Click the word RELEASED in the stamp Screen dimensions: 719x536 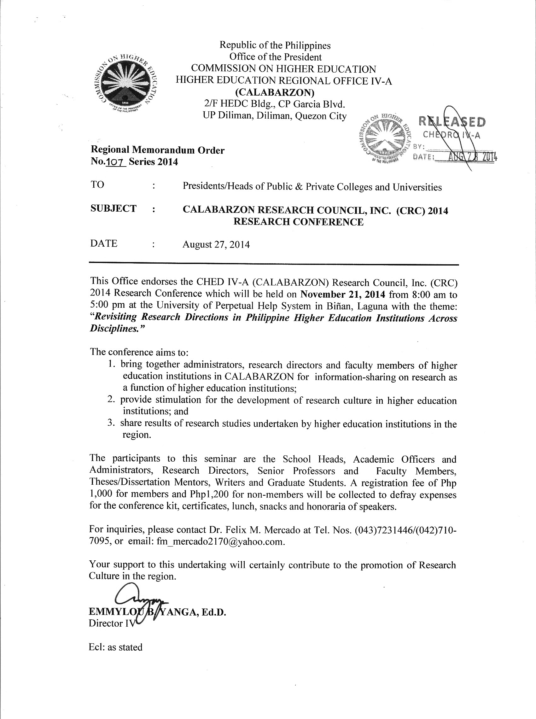pos(452,122)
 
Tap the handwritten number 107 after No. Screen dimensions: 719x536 pos(116,162)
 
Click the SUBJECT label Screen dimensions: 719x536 pos(114,208)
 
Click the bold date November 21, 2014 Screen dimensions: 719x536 pos(343,295)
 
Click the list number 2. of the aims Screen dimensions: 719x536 pos(112,400)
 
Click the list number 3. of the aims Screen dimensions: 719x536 pos(112,424)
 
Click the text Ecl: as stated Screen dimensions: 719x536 pos(116,647)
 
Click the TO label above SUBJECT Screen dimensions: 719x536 pos(97,184)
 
